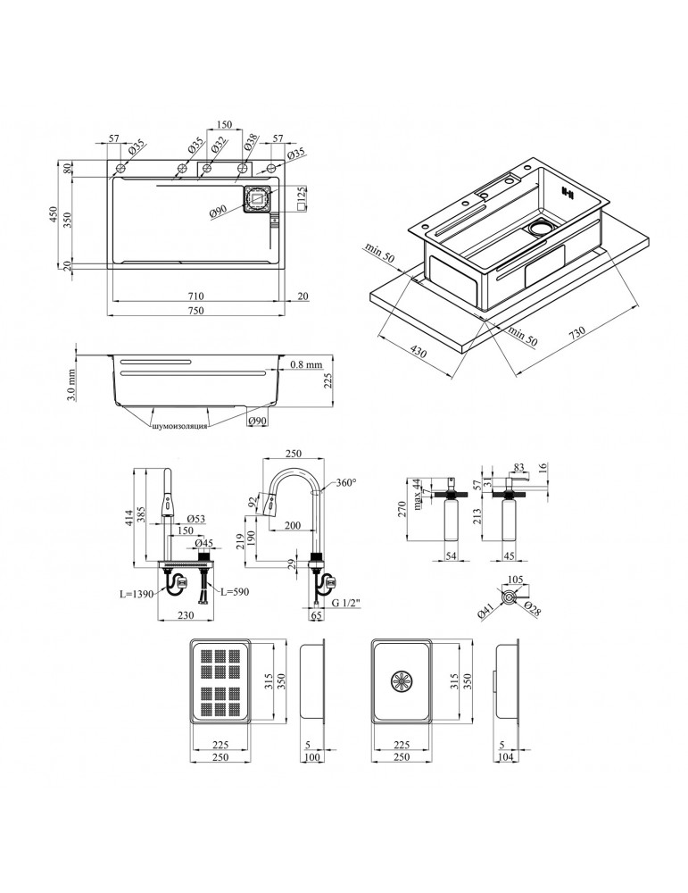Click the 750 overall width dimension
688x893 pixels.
click(x=195, y=311)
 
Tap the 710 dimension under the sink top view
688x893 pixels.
click(x=195, y=296)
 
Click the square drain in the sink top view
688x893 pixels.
click(x=258, y=199)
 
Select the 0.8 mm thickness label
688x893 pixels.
click(x=306, y=364)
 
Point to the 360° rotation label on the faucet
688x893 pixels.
click(x=346, y=482)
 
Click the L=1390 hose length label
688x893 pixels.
click(x=137, y=594)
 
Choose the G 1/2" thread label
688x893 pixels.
click(x=346, y=604)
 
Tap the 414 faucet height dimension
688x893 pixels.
click(x=129, y=518)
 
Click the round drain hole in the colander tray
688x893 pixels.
click(x=402, y=681)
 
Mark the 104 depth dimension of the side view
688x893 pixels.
click(x=505, y=757)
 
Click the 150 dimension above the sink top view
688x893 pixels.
click(x=224, y=125)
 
